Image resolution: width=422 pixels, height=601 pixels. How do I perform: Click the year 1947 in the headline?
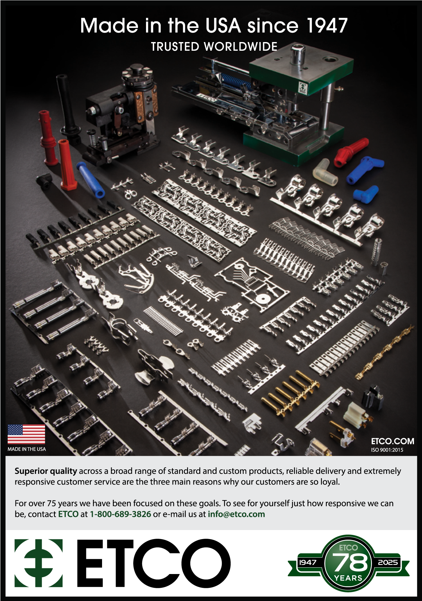pos(327,26)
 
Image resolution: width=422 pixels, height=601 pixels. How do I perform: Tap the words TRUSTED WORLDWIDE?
pos(214,47)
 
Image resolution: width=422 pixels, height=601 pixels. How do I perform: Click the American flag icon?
pos(26,434)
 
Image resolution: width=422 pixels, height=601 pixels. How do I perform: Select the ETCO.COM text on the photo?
pos(392,441)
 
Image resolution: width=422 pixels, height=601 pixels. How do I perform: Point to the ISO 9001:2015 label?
pos(387,450)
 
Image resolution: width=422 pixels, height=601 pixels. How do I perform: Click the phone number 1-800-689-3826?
pos(120,514)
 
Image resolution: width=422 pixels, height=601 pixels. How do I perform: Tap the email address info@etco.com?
pos(236,514)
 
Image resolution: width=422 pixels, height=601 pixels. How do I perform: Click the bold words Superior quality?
pos(46,471)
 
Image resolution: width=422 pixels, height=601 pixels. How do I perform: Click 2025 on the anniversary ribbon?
pos(388,562)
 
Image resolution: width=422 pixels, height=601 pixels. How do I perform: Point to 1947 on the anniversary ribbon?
pos(308,562)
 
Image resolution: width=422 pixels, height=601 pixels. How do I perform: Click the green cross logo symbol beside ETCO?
pos(39,563)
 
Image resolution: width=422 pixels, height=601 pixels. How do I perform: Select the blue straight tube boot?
pos(90,180)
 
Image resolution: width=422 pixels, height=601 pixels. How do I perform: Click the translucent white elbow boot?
pos(325,172)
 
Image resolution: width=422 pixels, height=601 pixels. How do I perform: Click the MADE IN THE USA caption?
pos(27,449)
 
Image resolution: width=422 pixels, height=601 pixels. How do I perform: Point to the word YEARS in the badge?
pos(348,578)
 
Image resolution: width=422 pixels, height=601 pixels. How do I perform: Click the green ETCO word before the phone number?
pos(68,514)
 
